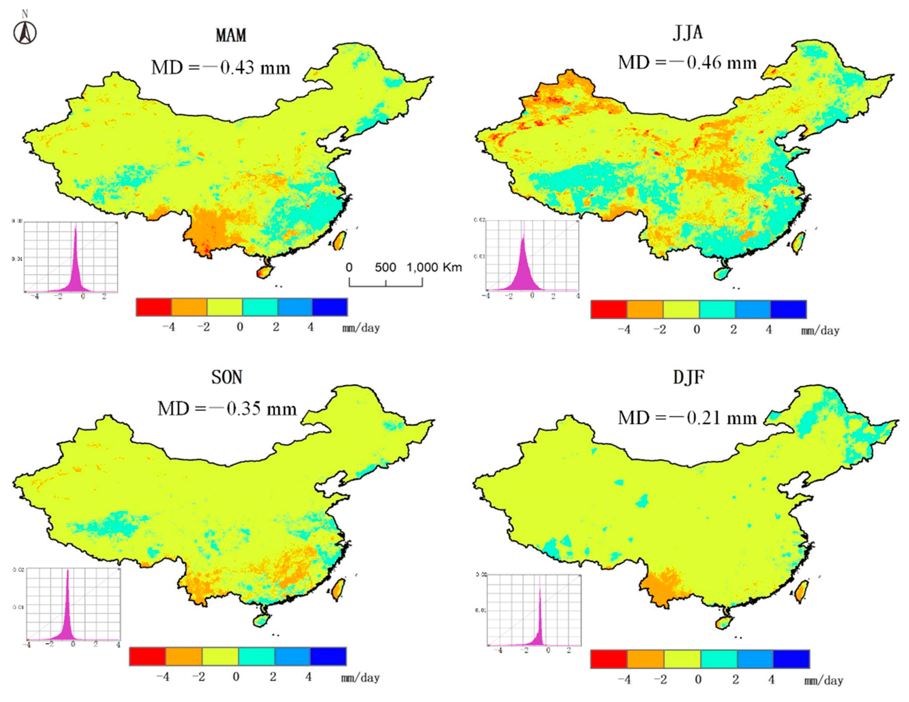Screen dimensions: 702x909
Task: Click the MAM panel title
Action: [x=231, y=35]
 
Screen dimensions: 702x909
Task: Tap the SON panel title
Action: [x=227, y=377]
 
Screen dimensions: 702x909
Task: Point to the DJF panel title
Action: [x=689, y=377]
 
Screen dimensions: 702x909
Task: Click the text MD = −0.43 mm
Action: [x=221, y=67]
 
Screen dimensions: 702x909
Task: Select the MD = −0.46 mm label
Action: [x=687, y=63]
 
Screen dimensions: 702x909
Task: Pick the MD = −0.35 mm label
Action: [x=227, y=409]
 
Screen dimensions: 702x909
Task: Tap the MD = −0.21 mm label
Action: [x=687, y=418]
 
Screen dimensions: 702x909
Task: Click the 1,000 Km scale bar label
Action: [x=434, y=268]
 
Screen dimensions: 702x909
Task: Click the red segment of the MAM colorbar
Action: [x=154, y=307]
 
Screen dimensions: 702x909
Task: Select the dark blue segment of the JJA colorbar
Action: [x=788, y=309]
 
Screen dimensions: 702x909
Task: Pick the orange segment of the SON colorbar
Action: [x=184, y=656]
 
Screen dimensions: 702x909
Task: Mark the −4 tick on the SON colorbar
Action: [x=162, y=677]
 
